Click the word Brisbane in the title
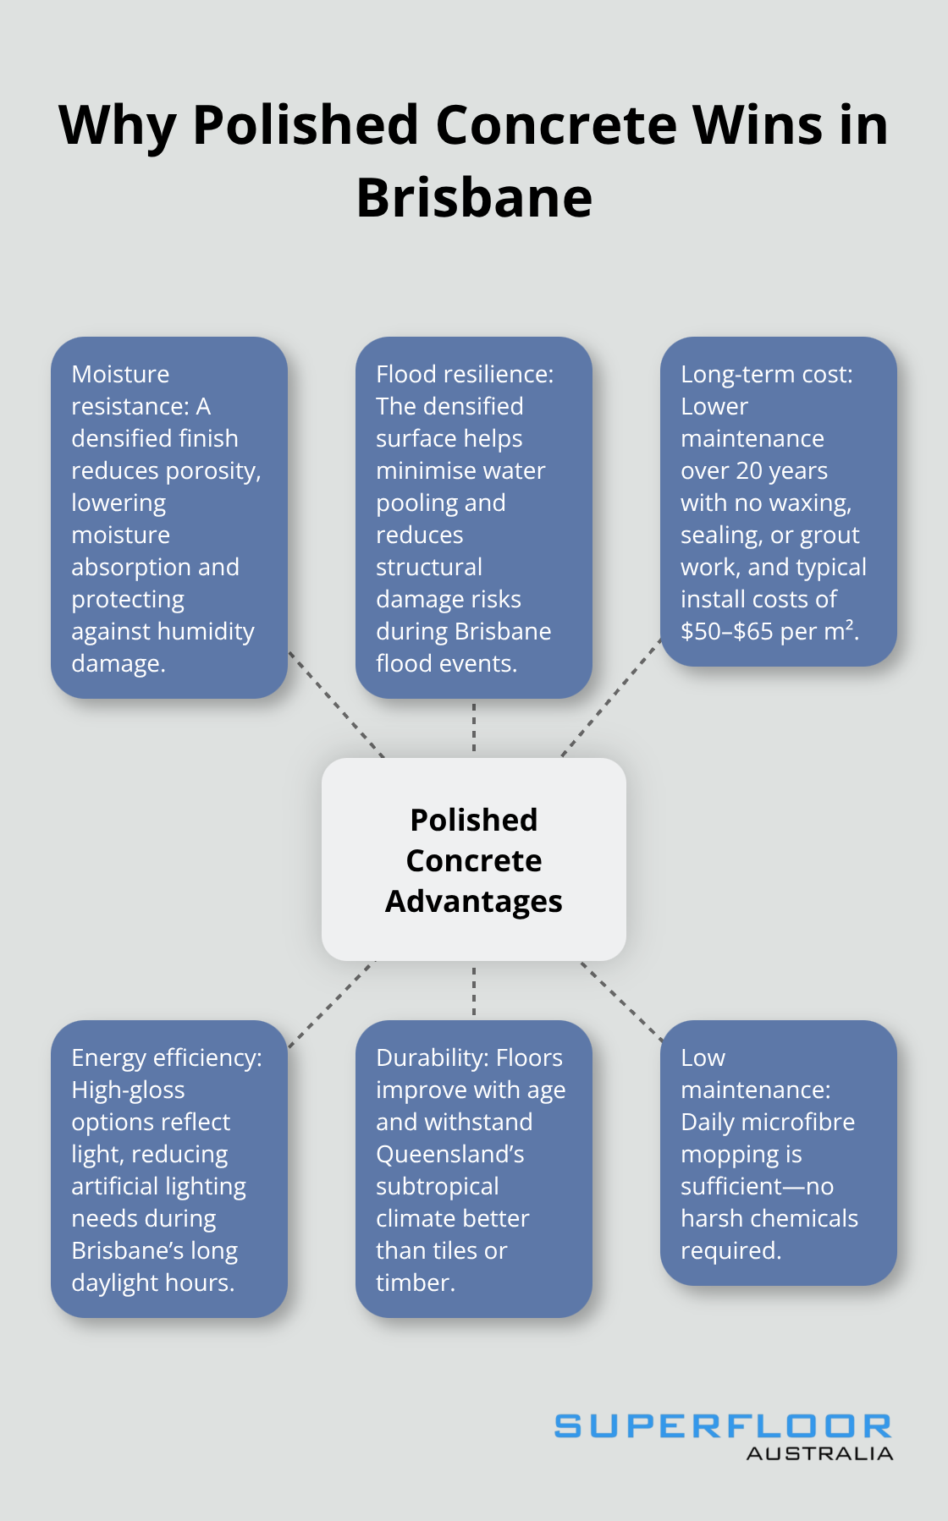pyautogui.click(x=474, y=197)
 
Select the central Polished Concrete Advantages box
pyautogui.click(x=474, y=859)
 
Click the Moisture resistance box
pyautogui.click(x=169, y=518)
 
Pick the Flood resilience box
pyautogui.click(x=474, y=518)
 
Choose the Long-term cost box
pyautogui.click(x=779, y=502)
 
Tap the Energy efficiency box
pyautogui.click(x=169, y=1169)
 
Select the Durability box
pyautogui.click(x=474, y=1169)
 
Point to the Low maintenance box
pyautogui.click(x=779, y=1153)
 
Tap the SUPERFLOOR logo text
pyautogui.click(x=723, y=1426)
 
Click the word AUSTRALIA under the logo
pyautogui.click(x=819, y=1453)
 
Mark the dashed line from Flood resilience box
pyautogui.click(x=474, y=728)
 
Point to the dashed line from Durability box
pyautogui.click(x=474, y=991)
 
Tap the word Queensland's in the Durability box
pyautogui.click(x=450, y=1154)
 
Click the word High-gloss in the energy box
pyautogui.click(x=128, y=1090)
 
